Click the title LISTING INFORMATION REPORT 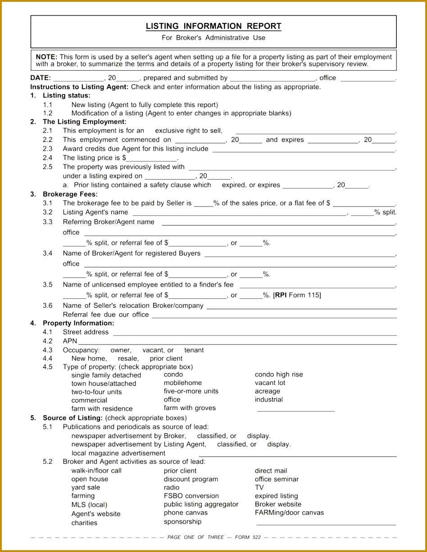point(213,27)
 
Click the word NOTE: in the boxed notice point(46,57)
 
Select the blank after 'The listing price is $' point(152,158)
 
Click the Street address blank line point(254,332)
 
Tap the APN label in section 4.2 point(70,341)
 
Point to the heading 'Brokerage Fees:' point(70,194)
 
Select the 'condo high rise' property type point(279,374)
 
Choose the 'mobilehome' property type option point(183,383)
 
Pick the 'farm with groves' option point(190,408)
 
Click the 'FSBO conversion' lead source point(191,496)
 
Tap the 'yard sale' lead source point(86,488)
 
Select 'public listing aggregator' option point(201,504)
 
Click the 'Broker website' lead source point(278,504)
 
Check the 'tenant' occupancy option point(194,350)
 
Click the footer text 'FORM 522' point(248,537)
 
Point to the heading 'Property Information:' point(78,323)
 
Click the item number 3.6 point(48,305)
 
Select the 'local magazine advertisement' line point(118,453)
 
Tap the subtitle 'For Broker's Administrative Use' point(213,38)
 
